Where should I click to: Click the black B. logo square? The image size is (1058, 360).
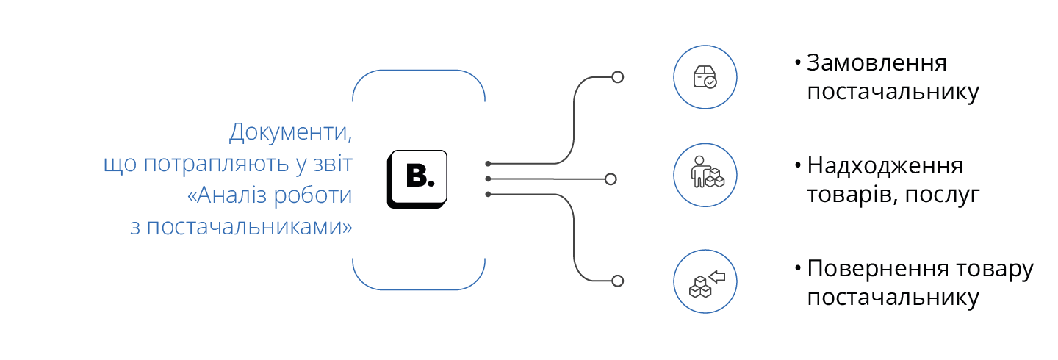pos(417,178)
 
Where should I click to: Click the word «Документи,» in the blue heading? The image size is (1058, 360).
pos(290,134)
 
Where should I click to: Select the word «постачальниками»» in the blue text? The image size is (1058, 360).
pos(250,227)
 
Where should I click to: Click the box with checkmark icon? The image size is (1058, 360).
pos(705,77)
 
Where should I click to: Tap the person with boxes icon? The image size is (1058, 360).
pos(705,174)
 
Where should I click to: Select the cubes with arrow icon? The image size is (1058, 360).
pos(705,281)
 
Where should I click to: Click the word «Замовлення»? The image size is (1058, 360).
pos(877,64)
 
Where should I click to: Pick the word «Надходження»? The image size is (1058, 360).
pos(885,166)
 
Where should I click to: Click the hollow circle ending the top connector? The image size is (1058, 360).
pos(618,77)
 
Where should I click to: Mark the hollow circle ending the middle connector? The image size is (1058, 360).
pos(611,179)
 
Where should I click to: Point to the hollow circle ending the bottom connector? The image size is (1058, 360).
pos(618,281)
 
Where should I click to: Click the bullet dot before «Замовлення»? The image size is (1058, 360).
pos(797,62)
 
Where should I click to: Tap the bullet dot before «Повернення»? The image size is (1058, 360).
pos(797,268)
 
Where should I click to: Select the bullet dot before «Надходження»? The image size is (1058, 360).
pos(797,165)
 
